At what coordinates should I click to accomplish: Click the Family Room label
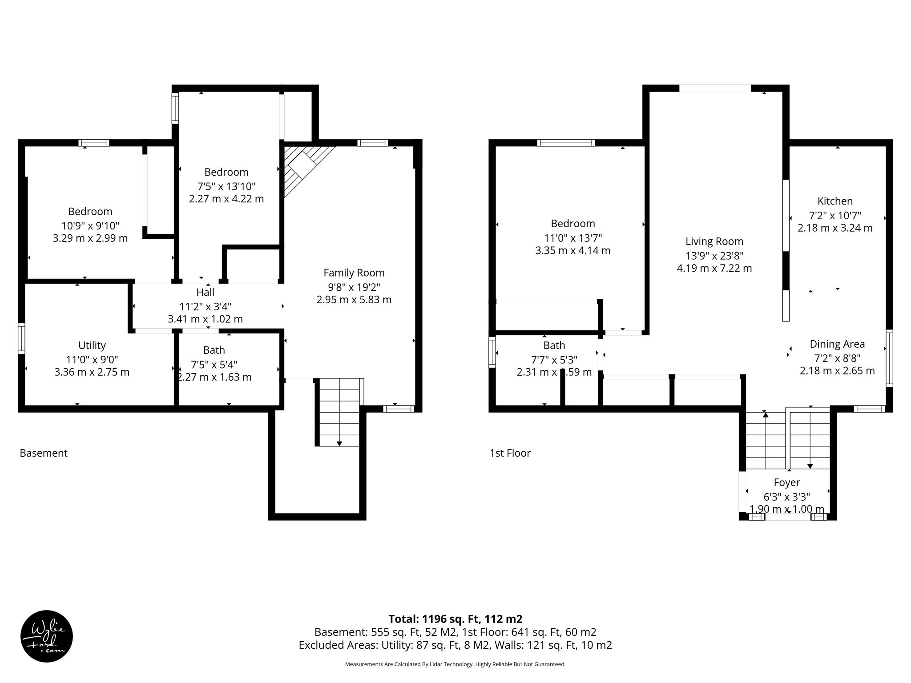tap(354, 273)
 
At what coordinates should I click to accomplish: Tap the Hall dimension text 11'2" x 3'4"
tap(205, 306)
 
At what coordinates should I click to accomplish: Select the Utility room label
tap(92, 345)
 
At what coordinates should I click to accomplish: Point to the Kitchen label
tap(835, 201)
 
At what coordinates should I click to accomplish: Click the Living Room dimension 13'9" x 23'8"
tap(714, 255)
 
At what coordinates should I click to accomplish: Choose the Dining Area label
tap(837, 344)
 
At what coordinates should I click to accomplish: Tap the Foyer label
tap(786, 482)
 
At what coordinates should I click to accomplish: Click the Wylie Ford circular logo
tap(47, 636)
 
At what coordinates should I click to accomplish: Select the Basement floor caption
tap(44, 453)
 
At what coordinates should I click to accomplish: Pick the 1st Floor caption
tap(510, 453)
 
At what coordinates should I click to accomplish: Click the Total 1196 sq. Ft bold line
tap(455, 619)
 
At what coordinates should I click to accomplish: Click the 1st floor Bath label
tap(554, 345)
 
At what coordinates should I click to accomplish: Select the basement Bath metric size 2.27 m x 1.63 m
tap(214, 377)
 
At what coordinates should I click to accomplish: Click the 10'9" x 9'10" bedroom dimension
tap(90, 225)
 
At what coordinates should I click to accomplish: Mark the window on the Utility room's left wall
tap(21, 339)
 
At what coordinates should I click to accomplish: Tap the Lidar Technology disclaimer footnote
tap(455, 664)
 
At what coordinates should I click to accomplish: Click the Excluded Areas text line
tap(455, 645)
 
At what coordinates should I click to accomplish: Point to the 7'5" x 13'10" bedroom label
tap(226, 172)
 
